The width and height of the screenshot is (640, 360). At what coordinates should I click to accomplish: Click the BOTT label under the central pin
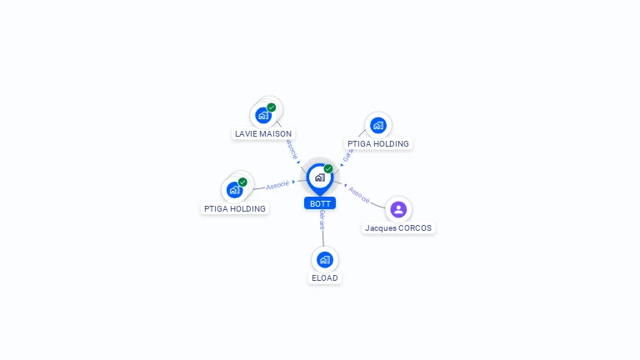pos(320,203)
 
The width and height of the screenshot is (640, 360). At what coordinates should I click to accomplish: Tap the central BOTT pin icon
pos(319,177)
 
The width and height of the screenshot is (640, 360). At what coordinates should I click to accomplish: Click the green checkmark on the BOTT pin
pos(328,168)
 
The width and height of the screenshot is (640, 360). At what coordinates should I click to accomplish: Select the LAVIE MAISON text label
pos(263,133)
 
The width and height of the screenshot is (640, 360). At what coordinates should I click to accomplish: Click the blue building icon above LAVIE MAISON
pos(263,115)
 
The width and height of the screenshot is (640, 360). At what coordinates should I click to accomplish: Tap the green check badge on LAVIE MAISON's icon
pos(272,107)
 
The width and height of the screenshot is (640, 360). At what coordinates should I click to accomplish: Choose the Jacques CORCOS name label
pos(399,227)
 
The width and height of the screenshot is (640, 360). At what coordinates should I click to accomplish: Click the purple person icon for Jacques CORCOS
pos(398,209)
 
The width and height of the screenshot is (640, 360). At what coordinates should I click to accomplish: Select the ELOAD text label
pos(325,277)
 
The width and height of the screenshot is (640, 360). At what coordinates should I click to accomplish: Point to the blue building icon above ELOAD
pos(325,259)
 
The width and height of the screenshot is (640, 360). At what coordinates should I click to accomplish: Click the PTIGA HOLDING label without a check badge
pos(378,143)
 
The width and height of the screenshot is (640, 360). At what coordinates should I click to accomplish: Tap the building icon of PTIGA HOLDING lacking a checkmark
pos(378,125)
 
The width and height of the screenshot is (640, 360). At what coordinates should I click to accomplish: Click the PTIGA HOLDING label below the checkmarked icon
pos(234,208)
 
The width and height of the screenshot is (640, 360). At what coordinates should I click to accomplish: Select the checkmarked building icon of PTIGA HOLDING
pos(234,190)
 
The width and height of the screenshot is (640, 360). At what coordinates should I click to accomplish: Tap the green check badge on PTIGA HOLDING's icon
pos(242,182)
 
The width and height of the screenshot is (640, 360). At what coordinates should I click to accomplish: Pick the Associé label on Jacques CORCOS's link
pos(359,193)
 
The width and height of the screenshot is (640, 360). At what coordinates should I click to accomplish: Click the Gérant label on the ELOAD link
pos(322,220)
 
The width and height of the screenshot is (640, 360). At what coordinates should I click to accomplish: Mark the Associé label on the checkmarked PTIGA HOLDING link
pos(277,184)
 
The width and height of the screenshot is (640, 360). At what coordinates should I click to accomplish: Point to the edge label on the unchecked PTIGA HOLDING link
pos(348,155)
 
